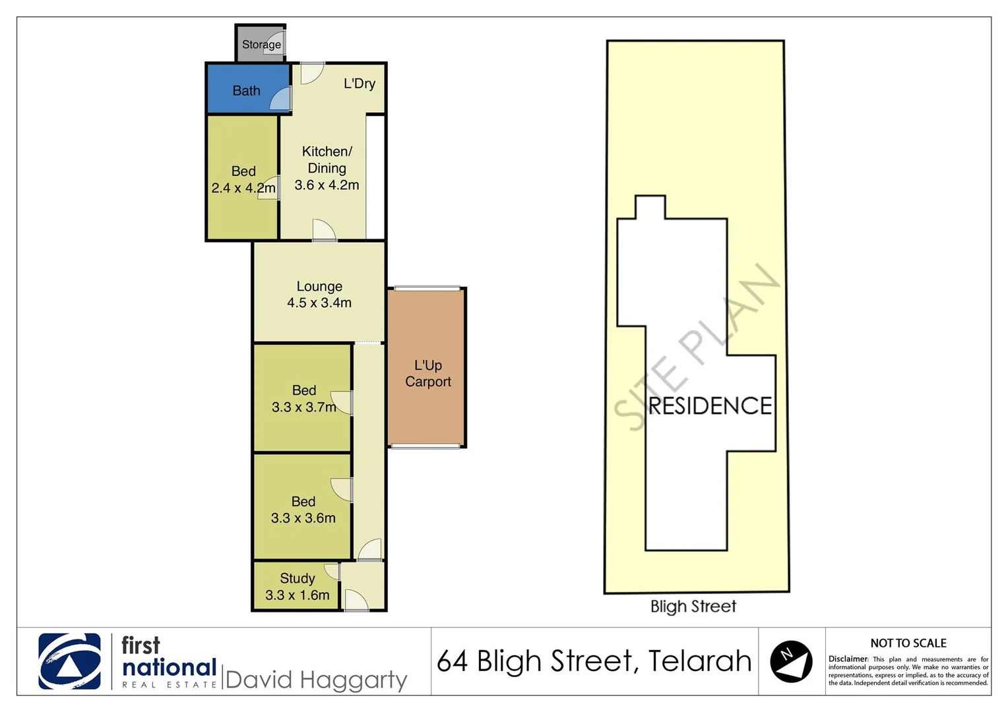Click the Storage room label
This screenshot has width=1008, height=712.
261,45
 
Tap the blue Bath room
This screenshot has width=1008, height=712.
246,90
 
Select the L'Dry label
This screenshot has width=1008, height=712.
360,84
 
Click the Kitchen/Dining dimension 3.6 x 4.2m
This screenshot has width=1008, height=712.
327,185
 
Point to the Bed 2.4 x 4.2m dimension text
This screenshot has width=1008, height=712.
243,188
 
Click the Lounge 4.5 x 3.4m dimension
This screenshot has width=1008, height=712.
319,303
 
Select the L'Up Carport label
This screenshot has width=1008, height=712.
428,373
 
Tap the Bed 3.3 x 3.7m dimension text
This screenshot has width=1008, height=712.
304,407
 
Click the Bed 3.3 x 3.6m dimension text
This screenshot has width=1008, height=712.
303,518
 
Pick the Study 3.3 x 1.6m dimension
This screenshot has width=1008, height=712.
298,595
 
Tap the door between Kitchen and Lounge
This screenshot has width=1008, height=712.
323,231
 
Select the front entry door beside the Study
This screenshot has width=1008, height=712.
356,600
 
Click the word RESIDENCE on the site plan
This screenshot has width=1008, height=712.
710,405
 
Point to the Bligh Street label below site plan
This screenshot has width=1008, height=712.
693,607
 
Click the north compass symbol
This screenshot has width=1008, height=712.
791,661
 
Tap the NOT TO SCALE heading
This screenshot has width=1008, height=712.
908,643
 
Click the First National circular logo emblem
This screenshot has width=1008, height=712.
70,661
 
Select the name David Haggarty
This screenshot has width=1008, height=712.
316,680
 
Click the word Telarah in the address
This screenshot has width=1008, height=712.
699,661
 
